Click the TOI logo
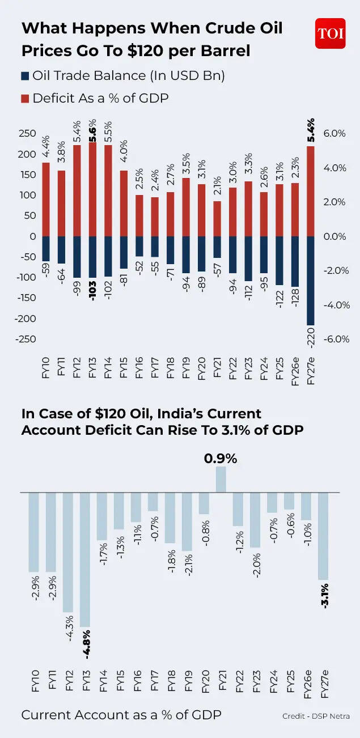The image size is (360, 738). pos(330,33)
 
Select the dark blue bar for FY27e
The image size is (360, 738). pos(310,281)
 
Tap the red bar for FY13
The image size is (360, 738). pos(92,189)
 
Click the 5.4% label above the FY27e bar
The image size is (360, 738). pos(310,130)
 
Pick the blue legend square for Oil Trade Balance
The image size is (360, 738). pos(25,75)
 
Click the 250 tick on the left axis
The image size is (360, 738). pos(27,134)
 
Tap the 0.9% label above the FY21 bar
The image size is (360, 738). pos(221,457)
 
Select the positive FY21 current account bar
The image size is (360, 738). pos(221,480)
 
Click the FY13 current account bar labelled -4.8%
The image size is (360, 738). pos(85,559)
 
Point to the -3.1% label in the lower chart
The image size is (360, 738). pos(325,596)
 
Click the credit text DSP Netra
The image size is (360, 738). pos(316,716)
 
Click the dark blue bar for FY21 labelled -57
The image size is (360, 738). pos(216,247)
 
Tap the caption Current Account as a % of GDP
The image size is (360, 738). pos(121,715)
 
